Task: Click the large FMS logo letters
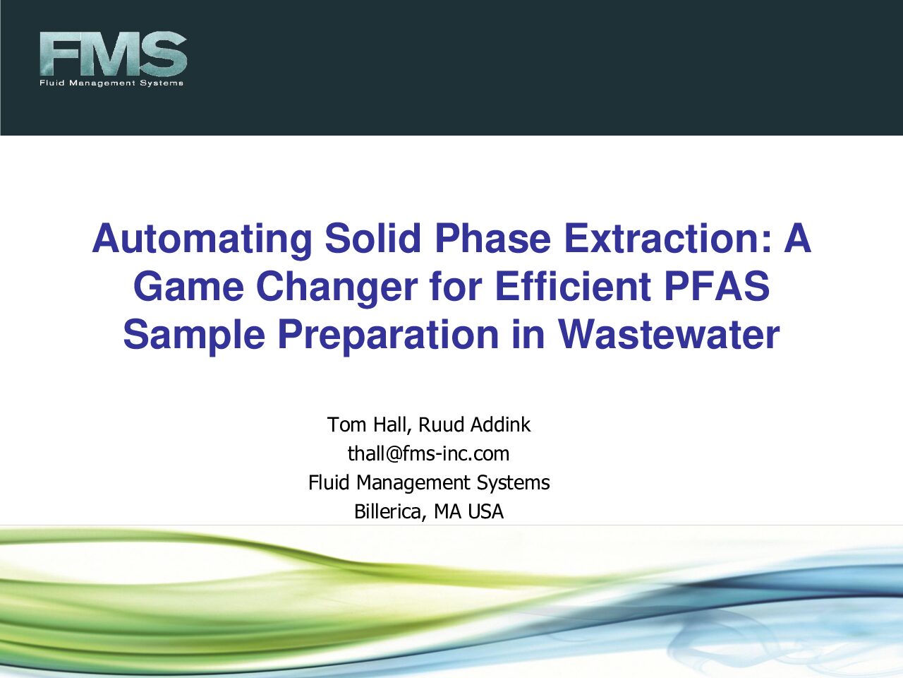(113, 54)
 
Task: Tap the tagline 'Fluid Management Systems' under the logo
(111, 83)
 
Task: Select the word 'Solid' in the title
(373, 239)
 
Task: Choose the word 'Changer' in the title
(337, 287)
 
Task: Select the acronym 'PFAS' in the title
(717, 286)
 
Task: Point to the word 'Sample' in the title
(194, 336)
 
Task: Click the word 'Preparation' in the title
(389, 336)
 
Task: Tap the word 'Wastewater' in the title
(669, 334)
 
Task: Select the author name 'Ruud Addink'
(474, 424)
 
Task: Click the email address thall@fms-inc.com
(429, 453)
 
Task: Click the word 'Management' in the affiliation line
(413, 483)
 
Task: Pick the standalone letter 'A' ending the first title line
(797, 239)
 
